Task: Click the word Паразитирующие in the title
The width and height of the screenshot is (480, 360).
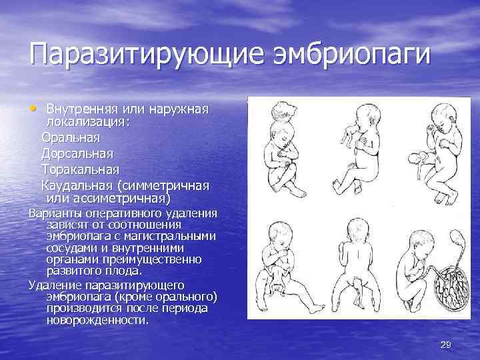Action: (x=137, y=53)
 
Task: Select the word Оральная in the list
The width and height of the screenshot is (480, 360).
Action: (x=71, y=138)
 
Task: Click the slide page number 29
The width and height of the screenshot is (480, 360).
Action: (x=446, y=344)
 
